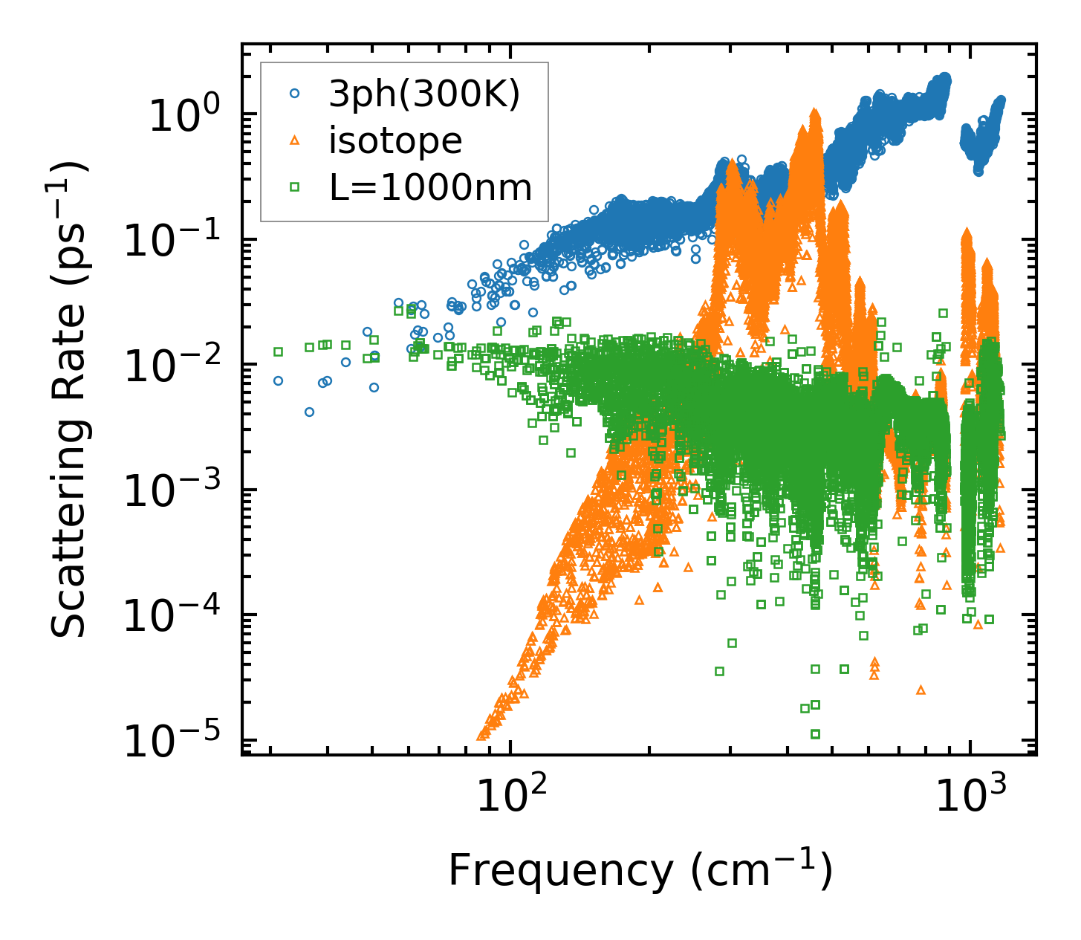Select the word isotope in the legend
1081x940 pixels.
395,141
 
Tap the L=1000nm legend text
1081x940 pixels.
431,188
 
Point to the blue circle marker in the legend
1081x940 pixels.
295,94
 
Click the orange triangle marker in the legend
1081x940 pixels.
295,140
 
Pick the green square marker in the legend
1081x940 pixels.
295,187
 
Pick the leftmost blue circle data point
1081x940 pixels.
278,380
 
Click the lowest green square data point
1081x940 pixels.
815,734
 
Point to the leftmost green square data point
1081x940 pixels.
278,351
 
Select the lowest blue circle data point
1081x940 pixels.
309,412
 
